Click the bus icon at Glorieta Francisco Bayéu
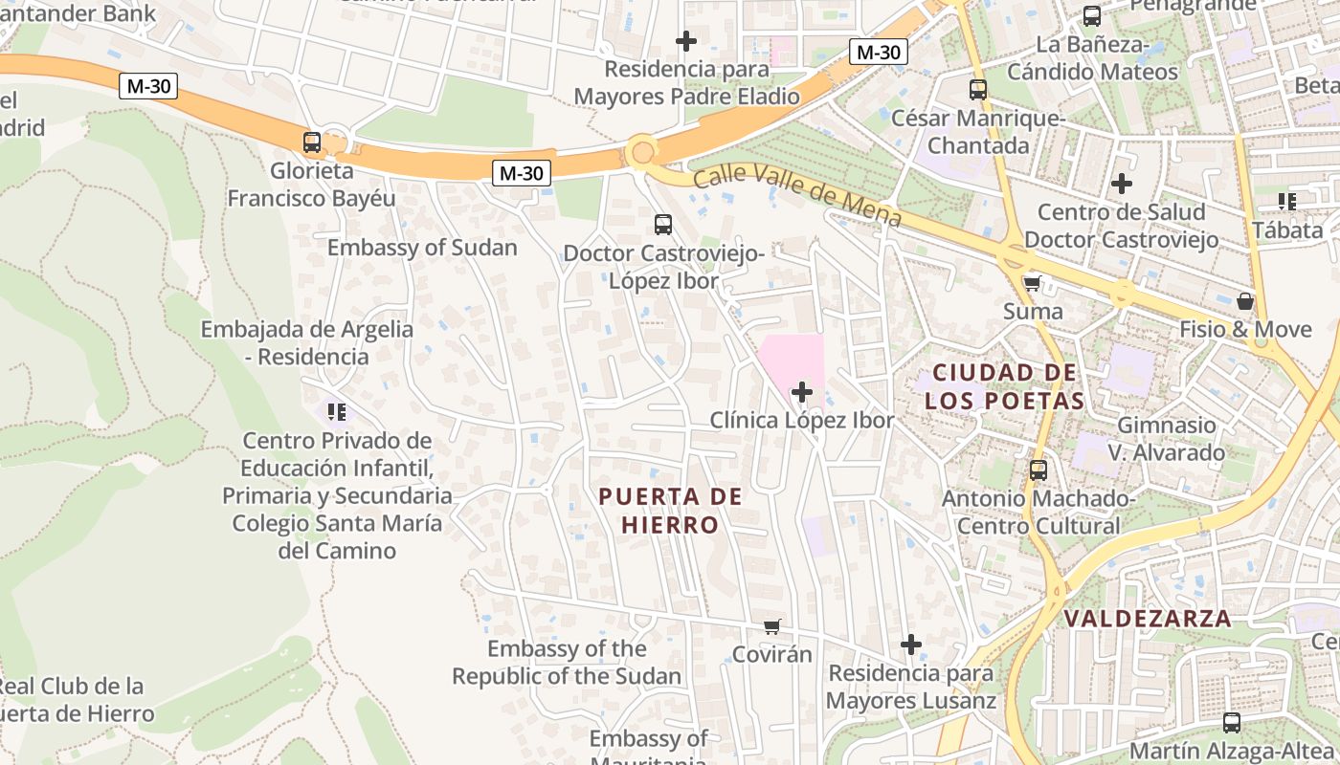pos(312,142)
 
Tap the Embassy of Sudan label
pos(421,248)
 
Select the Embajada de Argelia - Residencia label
pos(306,342)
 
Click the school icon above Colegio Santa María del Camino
pos(336,412)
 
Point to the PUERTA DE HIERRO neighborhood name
pos(670,510)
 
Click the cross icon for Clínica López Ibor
pos(802,392)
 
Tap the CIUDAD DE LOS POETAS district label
pos(1004,386)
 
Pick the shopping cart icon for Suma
pos(1032,283)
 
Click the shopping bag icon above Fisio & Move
pos(1245,301)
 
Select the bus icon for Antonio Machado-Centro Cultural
pos(1038,470)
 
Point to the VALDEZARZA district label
pos(1148,618)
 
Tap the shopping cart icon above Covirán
pos(771,626)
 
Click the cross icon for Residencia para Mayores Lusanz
pos(911,645)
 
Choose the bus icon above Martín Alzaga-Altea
pos(1232,722)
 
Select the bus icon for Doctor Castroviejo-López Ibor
pos(662,225)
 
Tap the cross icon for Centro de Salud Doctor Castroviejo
pos(1122,184)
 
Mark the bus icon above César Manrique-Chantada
pos(978,90)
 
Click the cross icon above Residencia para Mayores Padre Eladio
pos(686,41)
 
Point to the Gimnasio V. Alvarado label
pos(1167,438)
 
